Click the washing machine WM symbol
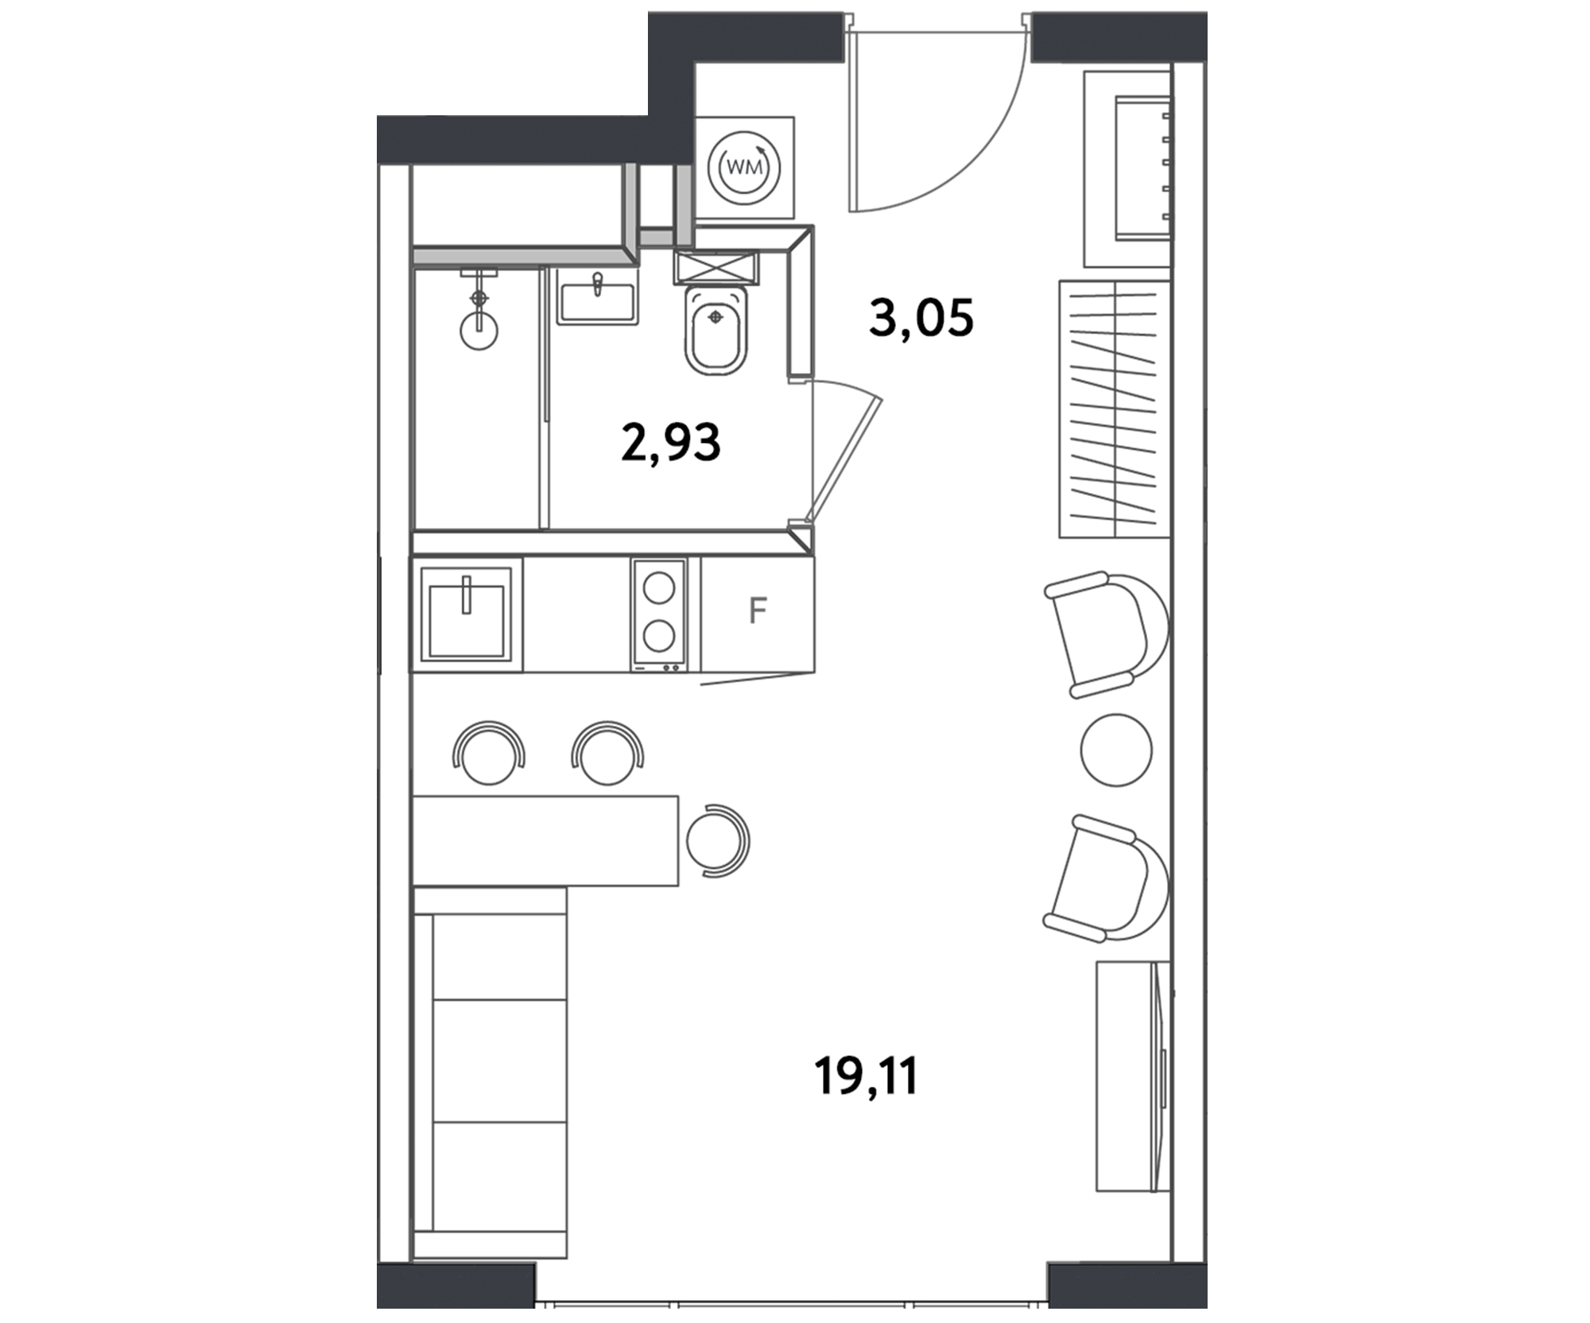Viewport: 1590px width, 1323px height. coord(744,168)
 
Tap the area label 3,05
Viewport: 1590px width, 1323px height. coord(921,318)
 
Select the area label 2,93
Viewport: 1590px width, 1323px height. coord(670,442)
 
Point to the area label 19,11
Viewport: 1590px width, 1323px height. coord(866,1077)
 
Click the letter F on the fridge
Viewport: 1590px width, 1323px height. coord(758,611)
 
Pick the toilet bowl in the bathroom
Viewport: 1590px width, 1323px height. coord(716,330)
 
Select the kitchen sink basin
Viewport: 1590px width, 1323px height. coord(466,614)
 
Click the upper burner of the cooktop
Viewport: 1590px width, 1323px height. coord(659,588)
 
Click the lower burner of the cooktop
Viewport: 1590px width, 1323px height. coord(659,637)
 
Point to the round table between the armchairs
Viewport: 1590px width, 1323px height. coord(1116,750)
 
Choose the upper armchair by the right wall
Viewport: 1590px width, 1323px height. coord(1107,634)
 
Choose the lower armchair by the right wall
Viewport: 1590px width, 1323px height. coord(1107,878)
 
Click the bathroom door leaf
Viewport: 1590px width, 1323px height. coord(844,460)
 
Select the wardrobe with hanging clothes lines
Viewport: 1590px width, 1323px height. coord(1114,409)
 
